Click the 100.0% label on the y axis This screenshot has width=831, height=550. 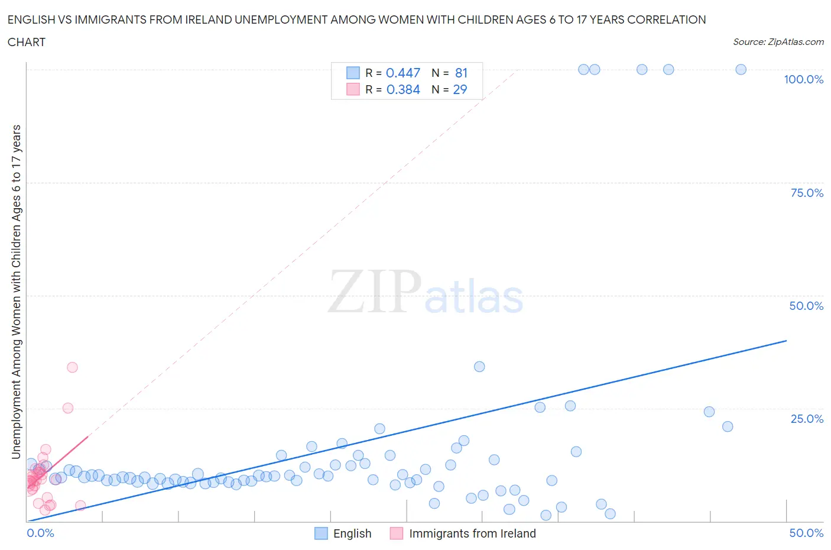tap(803, 79)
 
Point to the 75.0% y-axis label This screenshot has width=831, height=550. tap(806, 193)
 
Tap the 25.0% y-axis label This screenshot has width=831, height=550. tap(806, 419)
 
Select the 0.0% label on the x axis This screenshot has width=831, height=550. tap(40, 533)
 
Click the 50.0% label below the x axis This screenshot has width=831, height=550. tap(806, 533)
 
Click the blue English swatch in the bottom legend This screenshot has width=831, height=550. tap(321, 533)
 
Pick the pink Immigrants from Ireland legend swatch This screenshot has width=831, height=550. tap(397, 533)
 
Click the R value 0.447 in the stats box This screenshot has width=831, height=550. tap(402, 73)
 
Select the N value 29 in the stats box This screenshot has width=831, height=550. tap(460, 89)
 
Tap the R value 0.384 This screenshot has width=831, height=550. tap(402, 89)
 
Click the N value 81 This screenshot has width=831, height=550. tap(461, 73)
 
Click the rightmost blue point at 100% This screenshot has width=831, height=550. tap(741, 69)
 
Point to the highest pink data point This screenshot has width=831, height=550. tap(72, 367)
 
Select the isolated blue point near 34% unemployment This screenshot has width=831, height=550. tap(479, 367)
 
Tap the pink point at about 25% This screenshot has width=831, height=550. tap(68, 408)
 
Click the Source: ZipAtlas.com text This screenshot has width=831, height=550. tap(778, 41)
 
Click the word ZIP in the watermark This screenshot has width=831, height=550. tap(374, 292)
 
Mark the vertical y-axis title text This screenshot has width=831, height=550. tap(16, 292)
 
